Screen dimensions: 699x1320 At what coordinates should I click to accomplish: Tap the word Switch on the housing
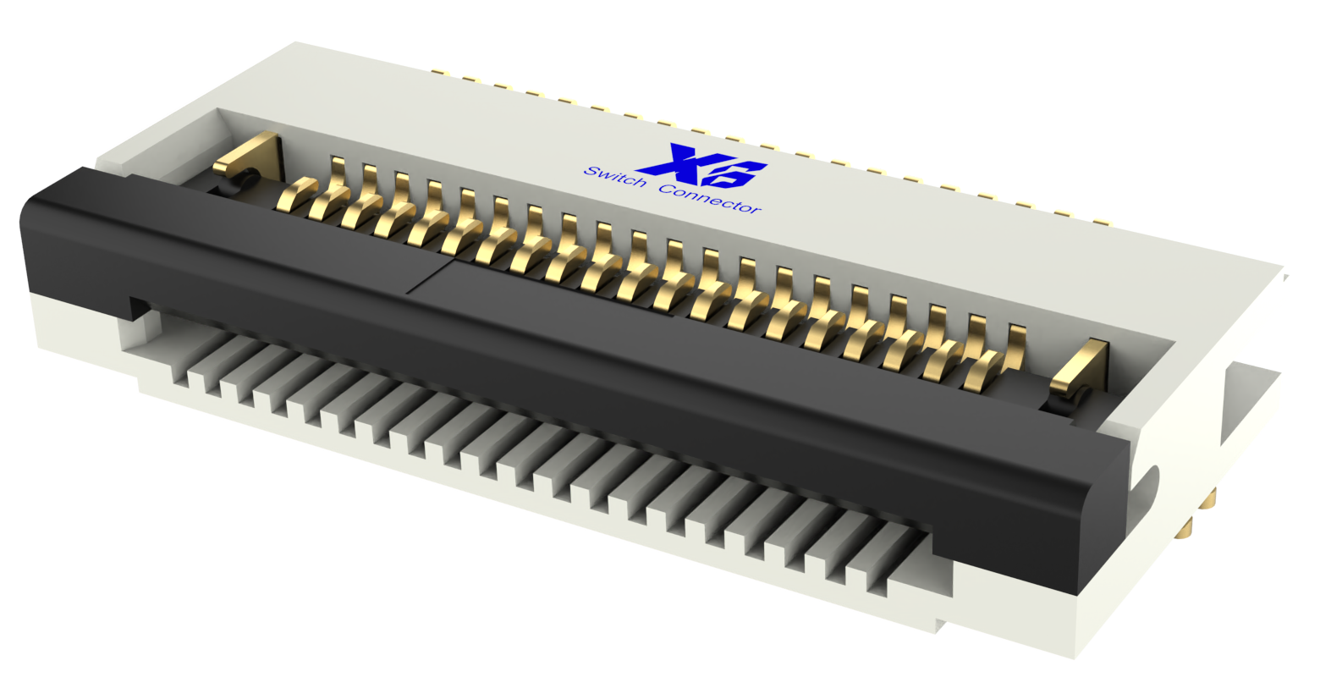pyautogui.click(x=615, y=178)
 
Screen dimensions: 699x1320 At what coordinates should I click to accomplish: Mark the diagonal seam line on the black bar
pyautogui.click(x=432, y=278)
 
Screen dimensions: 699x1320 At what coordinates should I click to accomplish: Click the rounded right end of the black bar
pyautogui.click(x=1104, y=516)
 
